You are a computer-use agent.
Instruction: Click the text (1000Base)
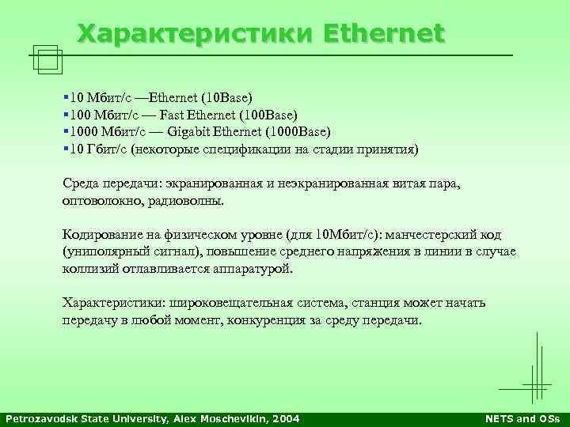302,131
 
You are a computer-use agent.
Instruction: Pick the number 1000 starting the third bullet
83,131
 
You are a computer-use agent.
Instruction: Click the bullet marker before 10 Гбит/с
65,148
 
